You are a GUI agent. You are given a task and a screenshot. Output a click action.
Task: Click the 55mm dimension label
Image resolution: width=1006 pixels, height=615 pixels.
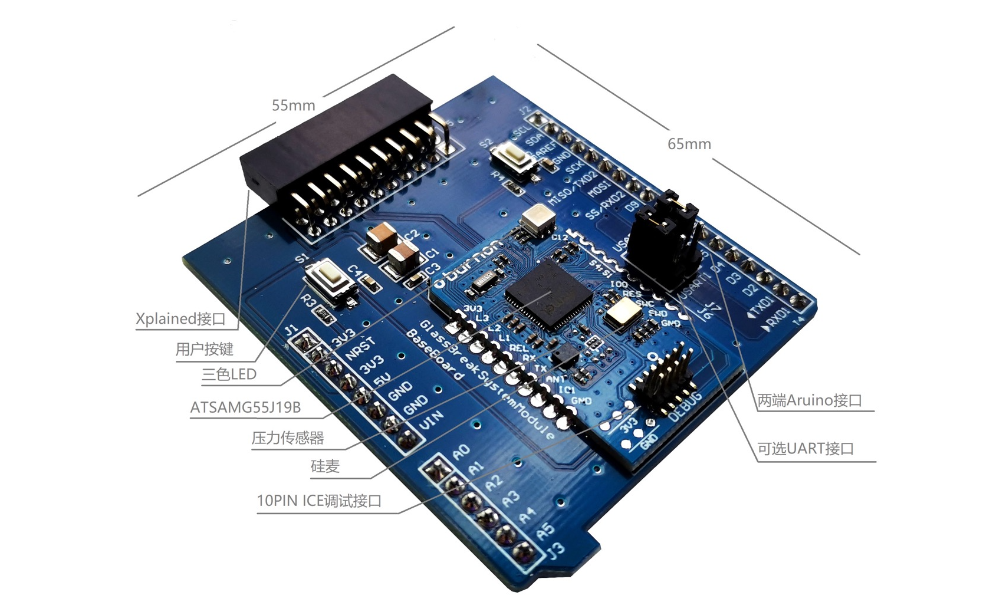[x=293, y=106]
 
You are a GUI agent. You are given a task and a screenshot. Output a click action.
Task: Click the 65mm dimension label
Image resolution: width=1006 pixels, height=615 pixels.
[x=689, y=144]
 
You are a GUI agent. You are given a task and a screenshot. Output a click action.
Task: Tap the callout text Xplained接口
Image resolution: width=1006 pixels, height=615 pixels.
[x=181, y=319]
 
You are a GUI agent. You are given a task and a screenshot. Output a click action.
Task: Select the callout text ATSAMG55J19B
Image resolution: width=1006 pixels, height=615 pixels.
[x=245, y=407]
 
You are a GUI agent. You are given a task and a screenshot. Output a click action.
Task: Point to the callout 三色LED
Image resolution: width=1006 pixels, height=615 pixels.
[x=229, y=374]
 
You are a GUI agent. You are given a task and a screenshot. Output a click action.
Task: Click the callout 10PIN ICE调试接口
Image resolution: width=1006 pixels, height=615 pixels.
[x=319, y=501]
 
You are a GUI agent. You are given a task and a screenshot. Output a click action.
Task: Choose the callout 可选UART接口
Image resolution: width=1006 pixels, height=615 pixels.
[x=806, y=449]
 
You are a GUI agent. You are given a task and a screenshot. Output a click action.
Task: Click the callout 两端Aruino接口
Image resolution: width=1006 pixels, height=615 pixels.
[x=810, y=400]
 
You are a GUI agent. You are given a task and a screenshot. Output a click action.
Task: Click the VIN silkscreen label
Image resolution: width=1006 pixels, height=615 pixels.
[x=430, y=420]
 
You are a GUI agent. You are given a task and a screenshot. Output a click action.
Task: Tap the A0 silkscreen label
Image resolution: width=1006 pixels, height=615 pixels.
[x=461, y=452]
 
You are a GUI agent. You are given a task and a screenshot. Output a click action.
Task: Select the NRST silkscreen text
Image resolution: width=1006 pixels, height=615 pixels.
[x=360, y=348]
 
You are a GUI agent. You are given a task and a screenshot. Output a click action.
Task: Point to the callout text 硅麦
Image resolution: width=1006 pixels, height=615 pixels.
[x=325, y=466]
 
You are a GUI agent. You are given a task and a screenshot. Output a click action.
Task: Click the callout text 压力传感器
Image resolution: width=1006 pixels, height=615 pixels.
[x=288, y=438]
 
